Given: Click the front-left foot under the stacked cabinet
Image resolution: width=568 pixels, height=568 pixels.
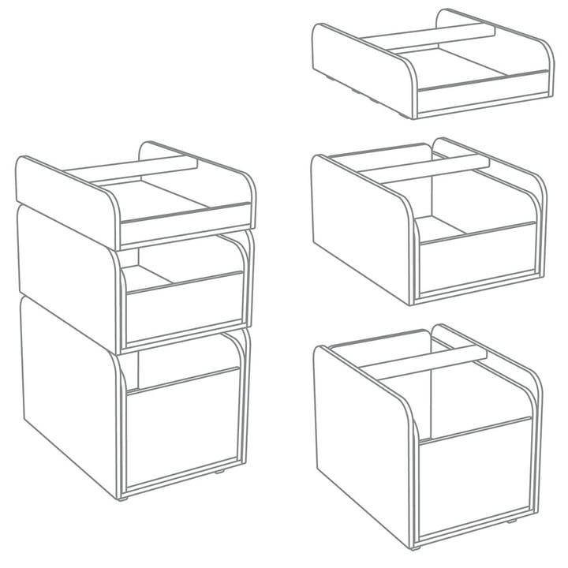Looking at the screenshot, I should point(122,499).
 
